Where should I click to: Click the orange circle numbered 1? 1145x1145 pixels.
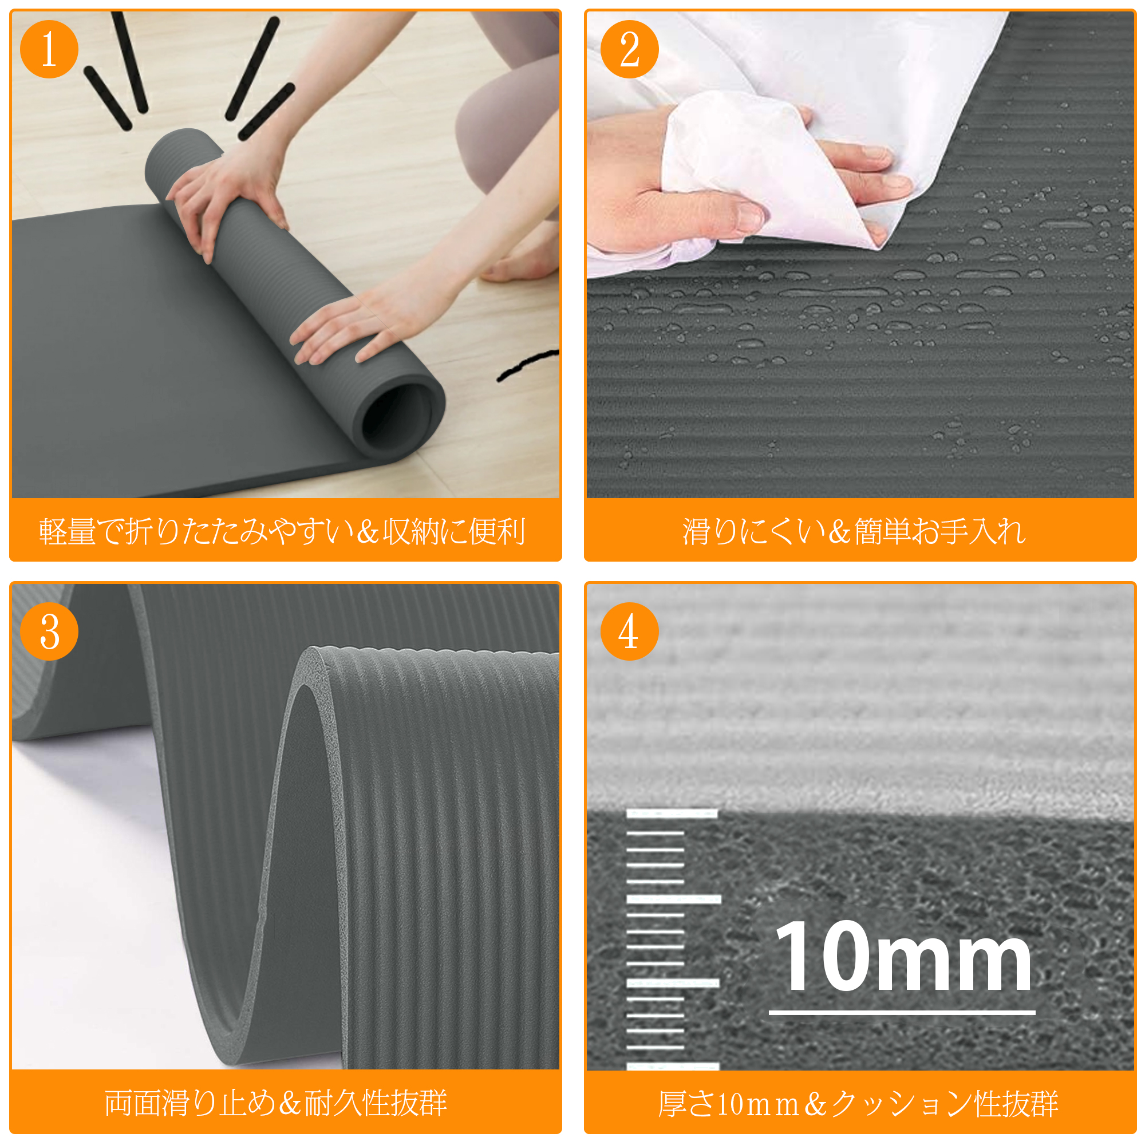tap(49, 49)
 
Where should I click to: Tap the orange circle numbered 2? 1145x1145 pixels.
tap(629, 49)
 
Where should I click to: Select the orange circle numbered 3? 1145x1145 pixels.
tap(49, 631)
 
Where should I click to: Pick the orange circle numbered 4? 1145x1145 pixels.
tap(629, 631)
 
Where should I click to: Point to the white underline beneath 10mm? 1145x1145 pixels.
tap(902, 1012)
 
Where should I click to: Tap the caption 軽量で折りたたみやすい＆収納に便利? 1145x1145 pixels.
tap(282, 531)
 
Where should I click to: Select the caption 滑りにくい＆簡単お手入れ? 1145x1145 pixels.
tap(854, 531)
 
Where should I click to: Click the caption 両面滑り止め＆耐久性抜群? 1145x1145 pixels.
tap(276, 1103)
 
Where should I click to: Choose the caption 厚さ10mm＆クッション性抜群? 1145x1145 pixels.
tap(859, 1104)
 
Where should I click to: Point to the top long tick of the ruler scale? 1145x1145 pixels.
tap(672, 814)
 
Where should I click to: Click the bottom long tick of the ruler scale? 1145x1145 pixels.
tap(673, 1067)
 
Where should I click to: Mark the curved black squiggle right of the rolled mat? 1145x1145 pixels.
tap(527, 364)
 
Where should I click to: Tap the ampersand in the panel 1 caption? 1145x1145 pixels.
tap(368, 532)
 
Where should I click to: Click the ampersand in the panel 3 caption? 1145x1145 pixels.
tap(290, 1104)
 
